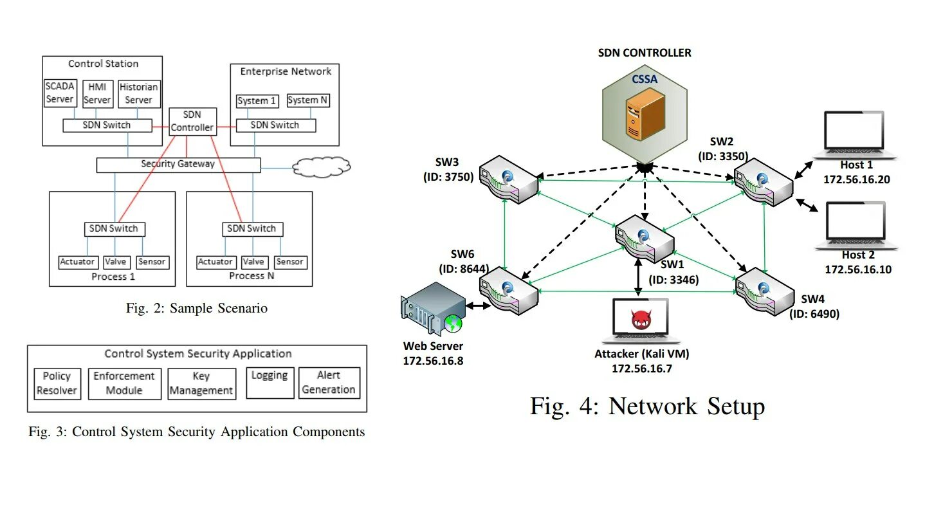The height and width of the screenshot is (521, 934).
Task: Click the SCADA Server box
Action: tap(60, 93)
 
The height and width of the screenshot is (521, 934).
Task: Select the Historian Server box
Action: tap(138, 93)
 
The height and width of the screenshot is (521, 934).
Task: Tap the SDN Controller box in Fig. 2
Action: tap(192, 122)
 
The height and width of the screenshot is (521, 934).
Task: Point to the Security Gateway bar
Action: tap(178, 165)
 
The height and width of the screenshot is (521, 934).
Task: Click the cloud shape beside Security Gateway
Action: tap(322, 167)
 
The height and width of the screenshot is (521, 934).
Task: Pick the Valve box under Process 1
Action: tap(116, 262)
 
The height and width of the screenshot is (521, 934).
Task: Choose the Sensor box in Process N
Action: tap(289, 262)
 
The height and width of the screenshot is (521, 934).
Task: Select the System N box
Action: tap(308, 100)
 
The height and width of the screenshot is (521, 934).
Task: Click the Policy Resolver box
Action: tap(57, 383)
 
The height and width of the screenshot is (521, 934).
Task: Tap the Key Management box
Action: tap(201, 383)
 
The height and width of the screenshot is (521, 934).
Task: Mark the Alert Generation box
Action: tap(328, 383)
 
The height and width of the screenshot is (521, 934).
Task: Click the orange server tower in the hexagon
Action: tap(645, 114)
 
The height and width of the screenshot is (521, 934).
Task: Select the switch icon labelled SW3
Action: tap(508, 179)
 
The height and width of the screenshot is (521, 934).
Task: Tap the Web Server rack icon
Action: tap(433, 312)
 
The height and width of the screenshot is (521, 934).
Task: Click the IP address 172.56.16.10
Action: tap(858, 270)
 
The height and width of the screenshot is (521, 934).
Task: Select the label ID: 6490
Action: tap(815, 314)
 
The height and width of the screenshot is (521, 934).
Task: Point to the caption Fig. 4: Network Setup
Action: tap(647, 407)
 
